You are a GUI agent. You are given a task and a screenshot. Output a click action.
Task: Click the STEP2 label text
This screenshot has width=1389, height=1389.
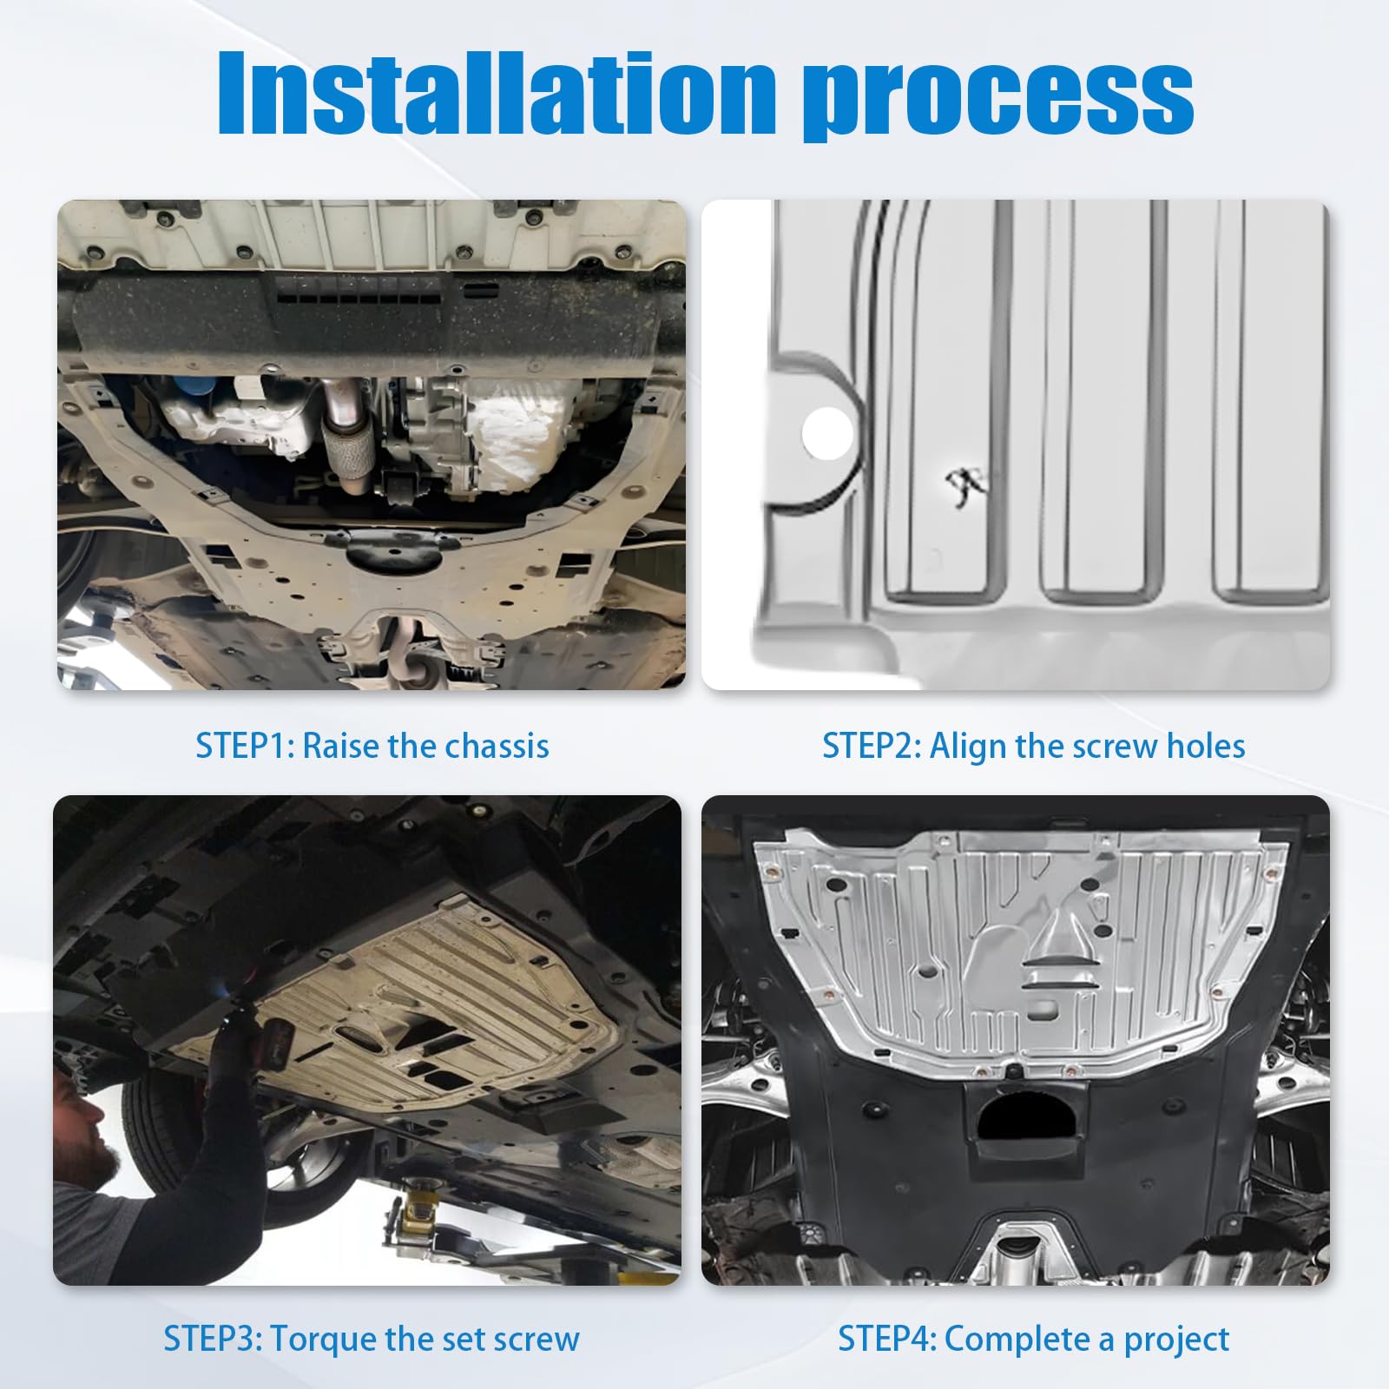point(872,747)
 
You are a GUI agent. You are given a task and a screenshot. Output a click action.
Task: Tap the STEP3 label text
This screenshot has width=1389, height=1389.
point(213,1339)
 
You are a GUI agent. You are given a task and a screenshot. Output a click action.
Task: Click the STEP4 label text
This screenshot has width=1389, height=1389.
point(887,1339)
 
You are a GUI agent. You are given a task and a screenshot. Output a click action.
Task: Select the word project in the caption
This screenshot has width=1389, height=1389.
point(1176,1341)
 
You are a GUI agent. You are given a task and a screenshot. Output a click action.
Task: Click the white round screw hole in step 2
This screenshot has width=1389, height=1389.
point(827,434)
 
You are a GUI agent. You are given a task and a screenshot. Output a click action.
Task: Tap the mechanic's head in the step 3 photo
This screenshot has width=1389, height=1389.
point(87,1120)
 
